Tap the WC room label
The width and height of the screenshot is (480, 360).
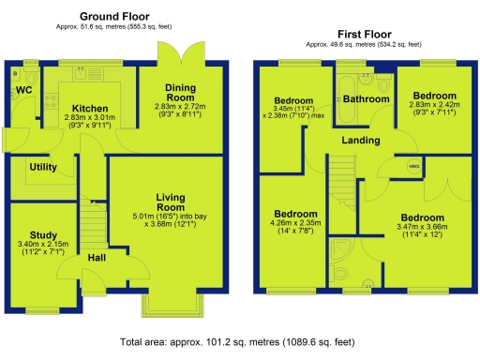[24, 90]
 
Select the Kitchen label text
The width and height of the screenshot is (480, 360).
[90, 109]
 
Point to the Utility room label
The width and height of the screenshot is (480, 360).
[44, 166]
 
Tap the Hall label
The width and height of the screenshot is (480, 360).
[97, 258]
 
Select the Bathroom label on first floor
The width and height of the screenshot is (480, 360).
[366, 98]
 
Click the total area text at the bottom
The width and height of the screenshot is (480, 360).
[239, 343]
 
